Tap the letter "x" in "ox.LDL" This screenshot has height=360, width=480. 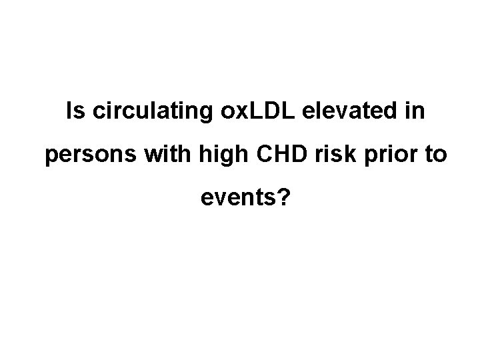(227, 113)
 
